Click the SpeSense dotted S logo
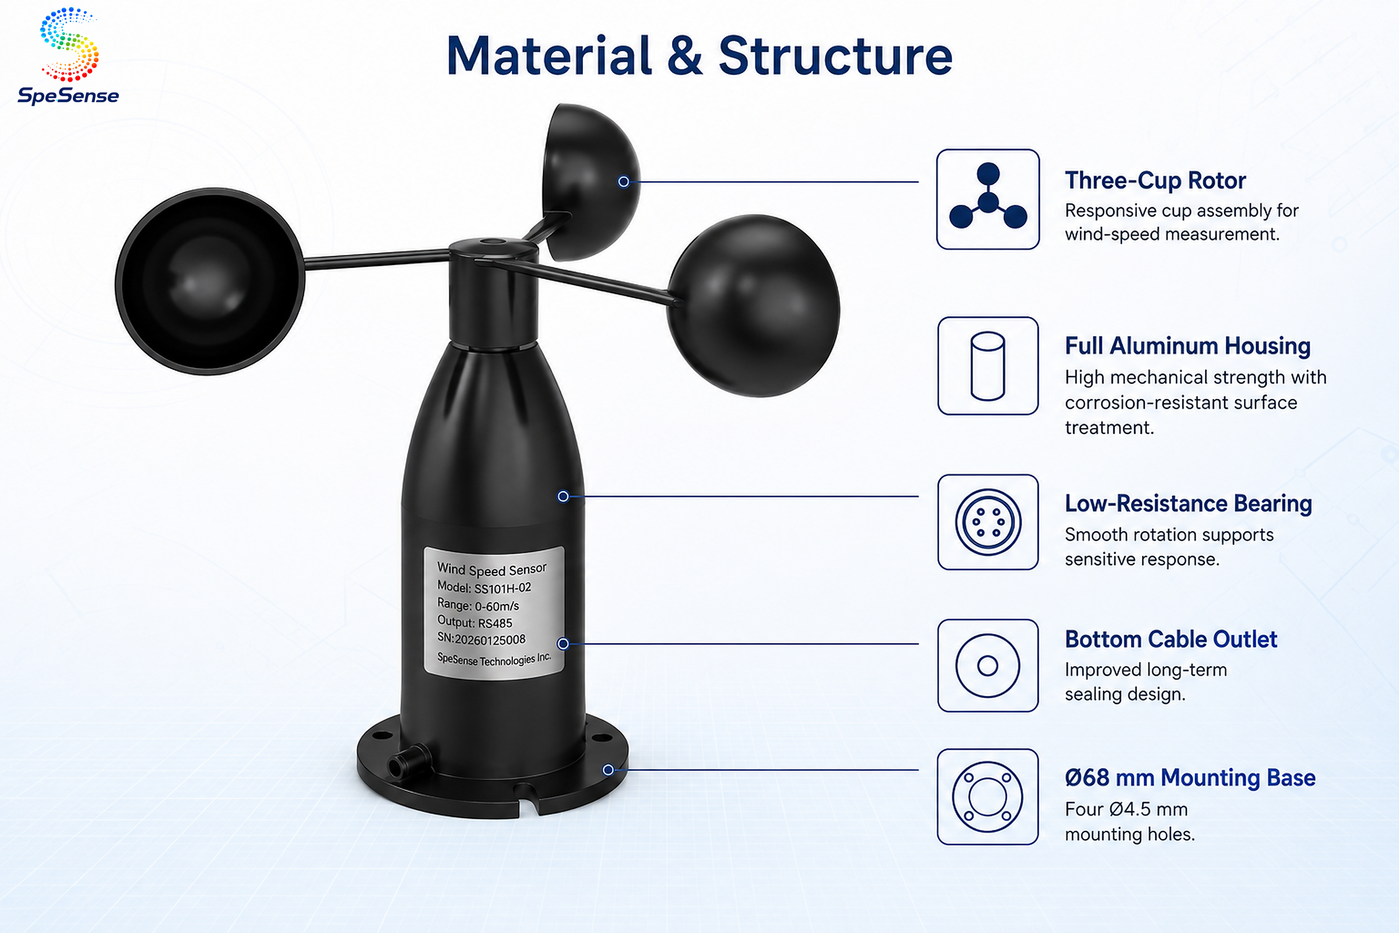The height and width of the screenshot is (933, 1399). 69,45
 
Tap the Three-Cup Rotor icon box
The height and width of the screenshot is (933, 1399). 988,199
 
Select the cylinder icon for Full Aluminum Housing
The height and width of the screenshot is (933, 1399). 988,366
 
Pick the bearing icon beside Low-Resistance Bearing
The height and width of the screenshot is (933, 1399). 988,522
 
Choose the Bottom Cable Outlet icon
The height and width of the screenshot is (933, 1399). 988,665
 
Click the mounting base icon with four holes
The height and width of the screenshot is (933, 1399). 988,796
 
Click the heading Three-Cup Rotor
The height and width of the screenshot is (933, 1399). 1155,180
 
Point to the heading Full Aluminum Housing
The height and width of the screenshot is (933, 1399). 1188,346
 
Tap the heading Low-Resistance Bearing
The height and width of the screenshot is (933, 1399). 1189,503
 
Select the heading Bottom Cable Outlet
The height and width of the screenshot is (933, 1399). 1171,639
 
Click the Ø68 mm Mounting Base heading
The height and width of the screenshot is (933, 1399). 1190,778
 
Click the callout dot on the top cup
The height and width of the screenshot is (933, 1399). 623,181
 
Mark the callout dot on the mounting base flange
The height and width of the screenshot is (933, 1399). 608,770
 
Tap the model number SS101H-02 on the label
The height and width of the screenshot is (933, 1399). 502,588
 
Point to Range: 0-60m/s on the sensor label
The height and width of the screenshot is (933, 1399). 478,605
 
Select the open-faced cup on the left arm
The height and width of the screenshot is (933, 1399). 210,282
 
